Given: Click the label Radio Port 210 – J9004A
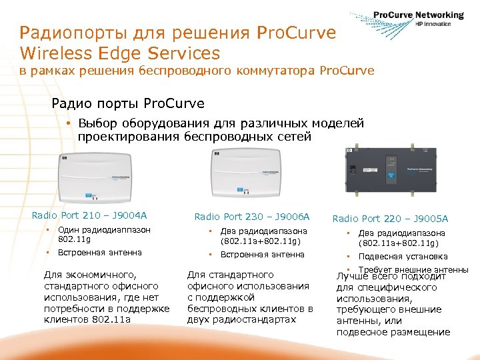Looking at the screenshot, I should (89, 215).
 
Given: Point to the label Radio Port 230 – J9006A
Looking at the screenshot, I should (252, 217).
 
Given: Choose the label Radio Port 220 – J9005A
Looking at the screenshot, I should (390, 219).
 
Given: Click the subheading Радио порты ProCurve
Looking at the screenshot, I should (128, 104).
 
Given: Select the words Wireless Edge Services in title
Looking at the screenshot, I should (120, 53).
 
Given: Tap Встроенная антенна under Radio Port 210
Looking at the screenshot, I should (100, 253).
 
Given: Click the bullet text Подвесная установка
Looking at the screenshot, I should (403, 257).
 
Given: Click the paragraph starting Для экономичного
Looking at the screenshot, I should (106, 297).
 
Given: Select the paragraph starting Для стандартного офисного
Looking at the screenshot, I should (250, 297).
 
